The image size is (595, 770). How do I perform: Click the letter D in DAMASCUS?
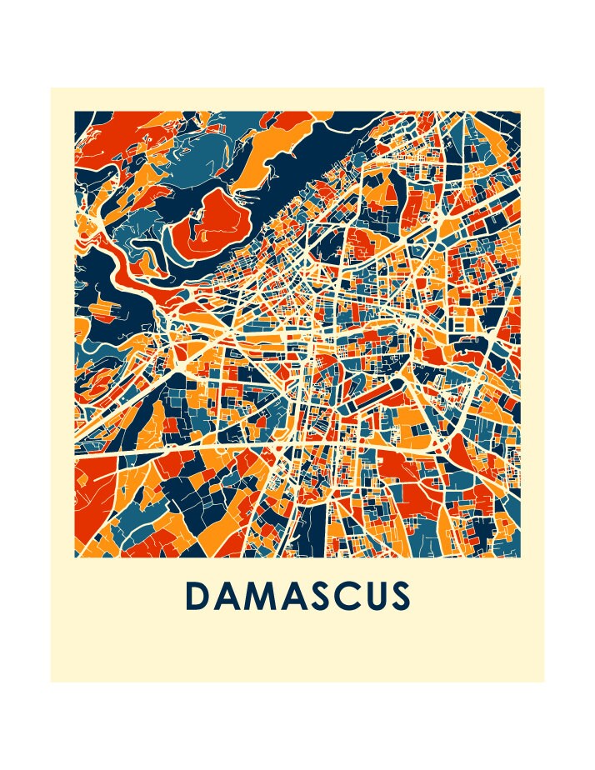(197, 596)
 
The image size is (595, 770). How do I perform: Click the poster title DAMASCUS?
(297, 596)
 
